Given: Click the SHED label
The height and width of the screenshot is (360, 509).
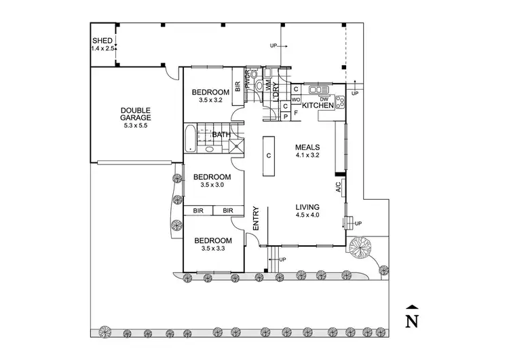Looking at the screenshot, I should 102,41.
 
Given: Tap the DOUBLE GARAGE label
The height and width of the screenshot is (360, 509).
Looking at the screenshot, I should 135,114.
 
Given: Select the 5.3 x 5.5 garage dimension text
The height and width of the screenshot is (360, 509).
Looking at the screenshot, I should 135,126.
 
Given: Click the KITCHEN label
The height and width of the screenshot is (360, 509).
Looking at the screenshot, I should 318,106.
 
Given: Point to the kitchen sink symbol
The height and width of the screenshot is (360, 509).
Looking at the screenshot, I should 318,90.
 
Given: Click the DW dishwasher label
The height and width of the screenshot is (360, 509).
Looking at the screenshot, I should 324,99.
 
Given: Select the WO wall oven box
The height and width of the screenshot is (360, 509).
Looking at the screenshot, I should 296,99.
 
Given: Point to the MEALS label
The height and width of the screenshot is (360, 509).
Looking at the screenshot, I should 307,147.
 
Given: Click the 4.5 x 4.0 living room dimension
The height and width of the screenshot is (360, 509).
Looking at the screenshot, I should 307,215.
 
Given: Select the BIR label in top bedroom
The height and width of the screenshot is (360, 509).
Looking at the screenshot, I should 238,86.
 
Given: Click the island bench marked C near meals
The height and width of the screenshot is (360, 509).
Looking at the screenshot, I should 269,156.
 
